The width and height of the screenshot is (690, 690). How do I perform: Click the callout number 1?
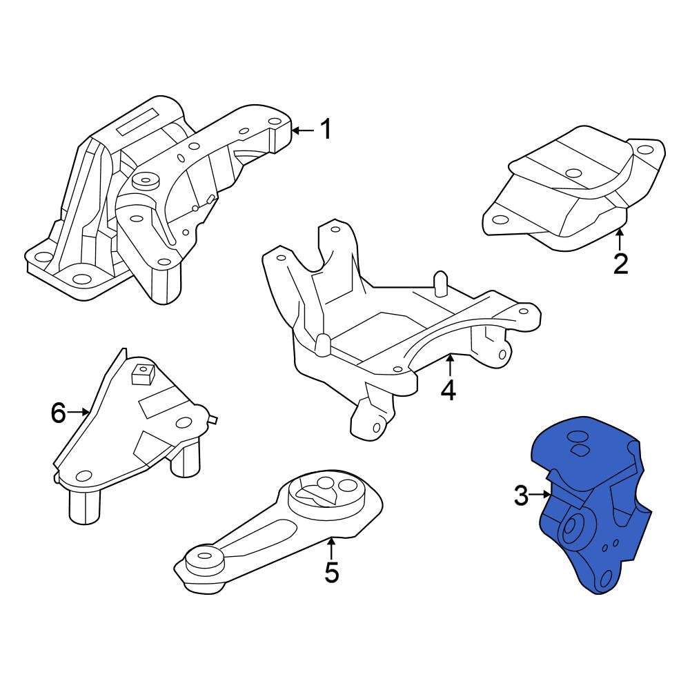pos(325,129)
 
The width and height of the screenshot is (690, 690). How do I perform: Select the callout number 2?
pos(620,264)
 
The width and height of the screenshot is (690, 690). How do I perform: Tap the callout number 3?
pos(522,495)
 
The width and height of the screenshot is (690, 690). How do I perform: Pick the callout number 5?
pos(332,573)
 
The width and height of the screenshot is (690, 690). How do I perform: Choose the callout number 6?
pos(59,413)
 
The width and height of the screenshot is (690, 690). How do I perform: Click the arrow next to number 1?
pos(303,129)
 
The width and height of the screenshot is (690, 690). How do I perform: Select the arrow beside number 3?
pos(541,494)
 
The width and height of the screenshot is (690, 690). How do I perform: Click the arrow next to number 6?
pos(79,413)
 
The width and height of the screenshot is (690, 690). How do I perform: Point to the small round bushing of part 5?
pos(205,558)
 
